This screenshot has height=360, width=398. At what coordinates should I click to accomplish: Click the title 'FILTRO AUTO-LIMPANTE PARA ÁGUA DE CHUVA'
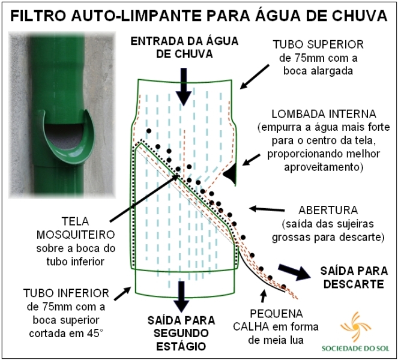pos(199,14)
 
